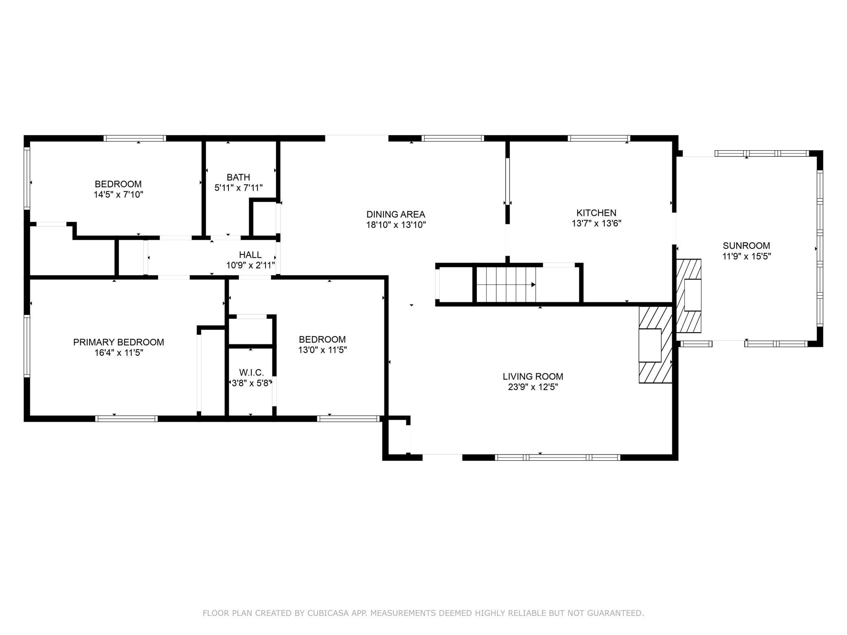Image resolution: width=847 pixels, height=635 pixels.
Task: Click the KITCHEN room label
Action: pos(596,212)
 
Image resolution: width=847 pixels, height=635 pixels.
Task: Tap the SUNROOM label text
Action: pos(746,245)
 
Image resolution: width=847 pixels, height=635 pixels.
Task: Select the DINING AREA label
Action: pos(395,214)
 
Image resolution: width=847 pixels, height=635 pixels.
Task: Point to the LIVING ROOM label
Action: pos(533,377)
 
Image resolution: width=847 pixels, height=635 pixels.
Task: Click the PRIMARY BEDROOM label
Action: pos(118,342)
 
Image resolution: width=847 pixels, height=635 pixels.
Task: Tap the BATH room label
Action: pos(238,177)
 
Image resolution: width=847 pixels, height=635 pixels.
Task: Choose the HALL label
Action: pos(250,255)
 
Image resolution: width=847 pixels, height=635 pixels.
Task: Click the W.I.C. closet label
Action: pos(251,372)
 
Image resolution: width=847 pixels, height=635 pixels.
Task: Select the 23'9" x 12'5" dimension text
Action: pos(533,387)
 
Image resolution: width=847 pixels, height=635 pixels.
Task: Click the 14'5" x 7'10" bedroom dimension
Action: pos(118,195)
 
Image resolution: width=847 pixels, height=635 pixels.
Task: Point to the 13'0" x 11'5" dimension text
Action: pos(322,350)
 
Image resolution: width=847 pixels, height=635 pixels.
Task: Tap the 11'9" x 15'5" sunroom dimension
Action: pos(746,256)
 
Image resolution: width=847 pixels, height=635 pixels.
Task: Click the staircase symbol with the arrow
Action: pos(506,285)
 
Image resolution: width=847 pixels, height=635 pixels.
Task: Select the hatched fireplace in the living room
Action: pos(655,344)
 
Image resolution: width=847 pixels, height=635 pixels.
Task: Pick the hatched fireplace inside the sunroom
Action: pos(689,296)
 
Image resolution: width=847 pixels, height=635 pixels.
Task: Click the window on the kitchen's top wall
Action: pos(599,138)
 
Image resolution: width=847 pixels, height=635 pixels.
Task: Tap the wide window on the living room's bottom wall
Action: pos(557,458)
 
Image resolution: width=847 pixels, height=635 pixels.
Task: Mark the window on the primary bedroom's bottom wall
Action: pos(126,418)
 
